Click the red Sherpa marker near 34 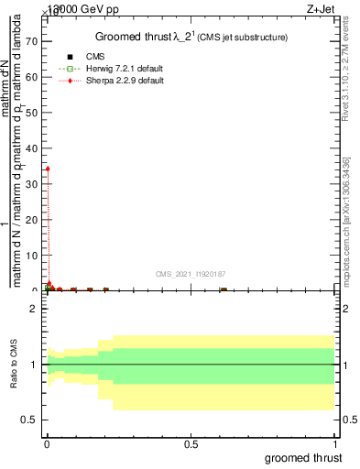point(47,169)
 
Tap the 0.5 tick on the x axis point(191,443)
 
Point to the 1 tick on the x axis point(336,443)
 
